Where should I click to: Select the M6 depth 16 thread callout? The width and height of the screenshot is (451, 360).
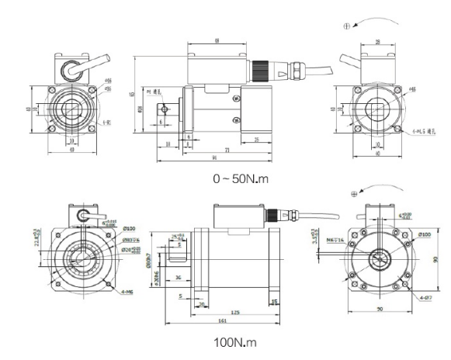(x=331, y=241)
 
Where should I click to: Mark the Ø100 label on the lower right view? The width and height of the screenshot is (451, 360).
(x=425, y=234)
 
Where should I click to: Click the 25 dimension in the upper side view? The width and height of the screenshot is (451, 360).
(x=257, y=139)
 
